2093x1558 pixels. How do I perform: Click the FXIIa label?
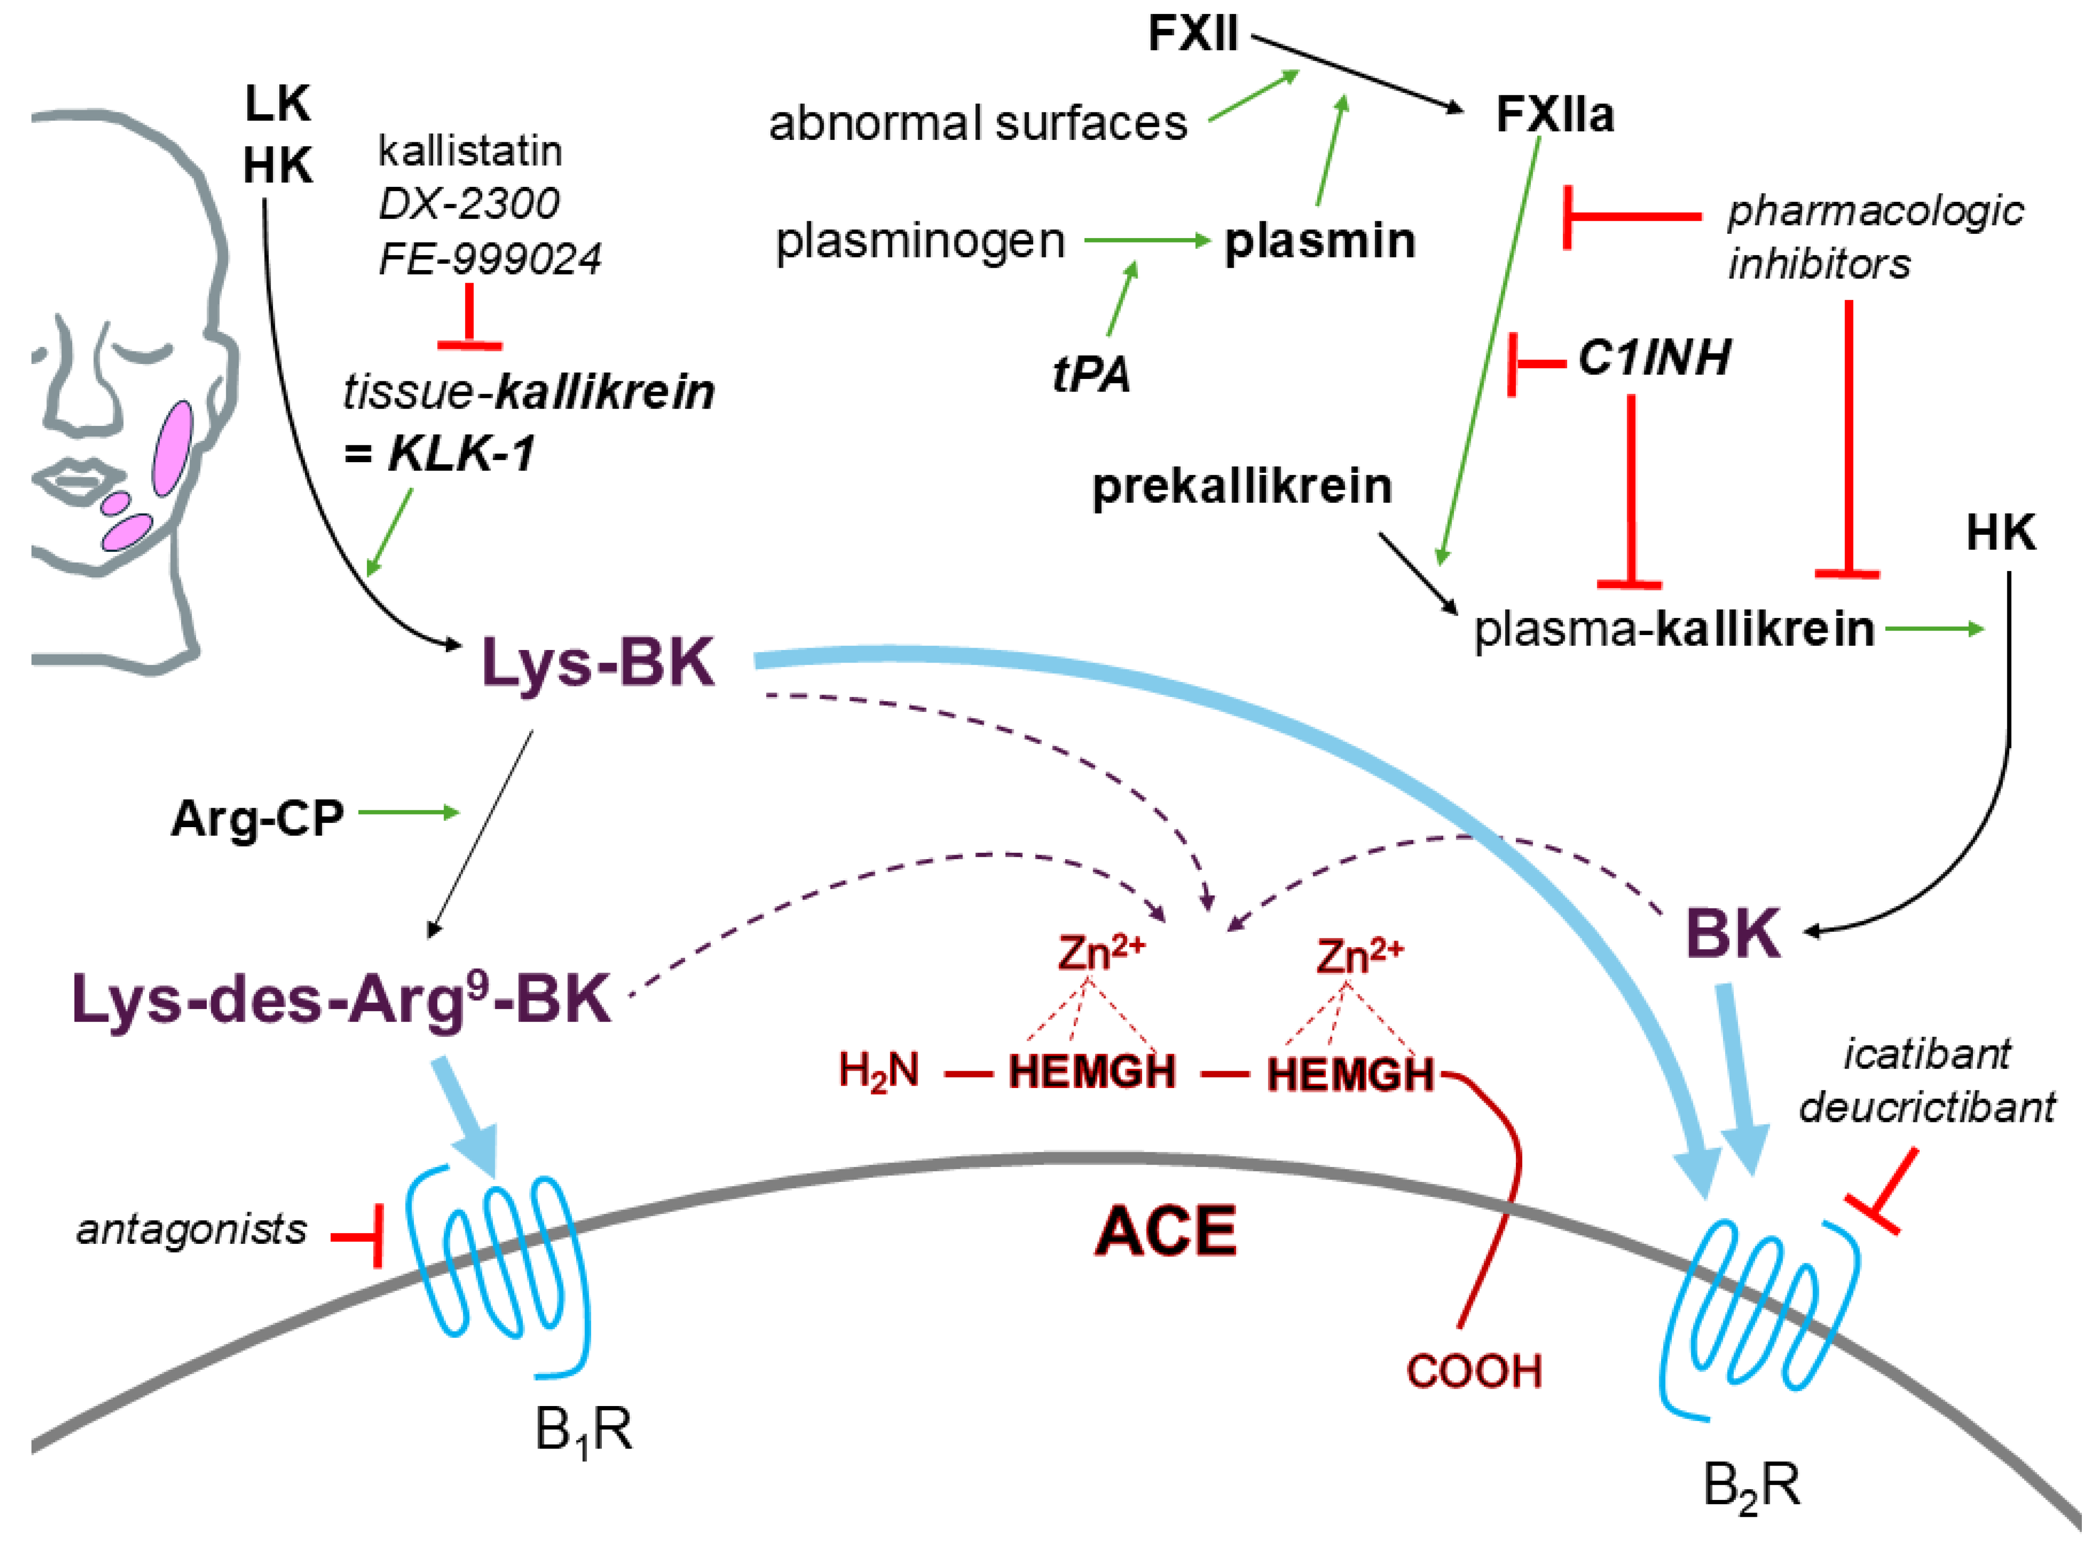click(x=1555, y=115)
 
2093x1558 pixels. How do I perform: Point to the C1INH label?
click(x=1654, y=357)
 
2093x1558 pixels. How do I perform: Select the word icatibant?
click(x=1927, y=1054)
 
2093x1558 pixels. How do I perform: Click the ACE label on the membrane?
click(x=1166, y=1231)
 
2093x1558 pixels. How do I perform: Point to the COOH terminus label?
click(x=1473, y=1371)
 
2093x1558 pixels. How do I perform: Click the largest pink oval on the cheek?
click(x=173, y=448)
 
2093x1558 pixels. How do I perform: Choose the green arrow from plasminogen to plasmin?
click(x=1147, y=241)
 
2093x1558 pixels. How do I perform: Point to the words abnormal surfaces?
click(x=978, y=122)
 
